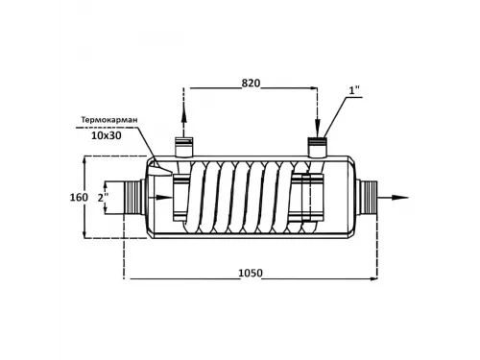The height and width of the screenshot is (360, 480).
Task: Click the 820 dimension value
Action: pos(251,84)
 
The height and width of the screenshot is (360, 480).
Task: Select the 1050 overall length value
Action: pos(251,274)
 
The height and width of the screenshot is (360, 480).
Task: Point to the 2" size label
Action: pos(103,198)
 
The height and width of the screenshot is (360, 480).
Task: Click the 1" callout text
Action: pos(354,91)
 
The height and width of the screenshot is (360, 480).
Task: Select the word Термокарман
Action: pos(109,121)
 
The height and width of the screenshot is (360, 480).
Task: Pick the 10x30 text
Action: pos(108,136)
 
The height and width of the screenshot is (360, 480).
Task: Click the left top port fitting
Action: pos(184,147)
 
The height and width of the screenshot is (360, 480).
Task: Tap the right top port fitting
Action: pos(318,147)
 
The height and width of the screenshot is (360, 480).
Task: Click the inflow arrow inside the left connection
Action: pos(169,198)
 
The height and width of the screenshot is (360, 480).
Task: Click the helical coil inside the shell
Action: pos(245,198)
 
